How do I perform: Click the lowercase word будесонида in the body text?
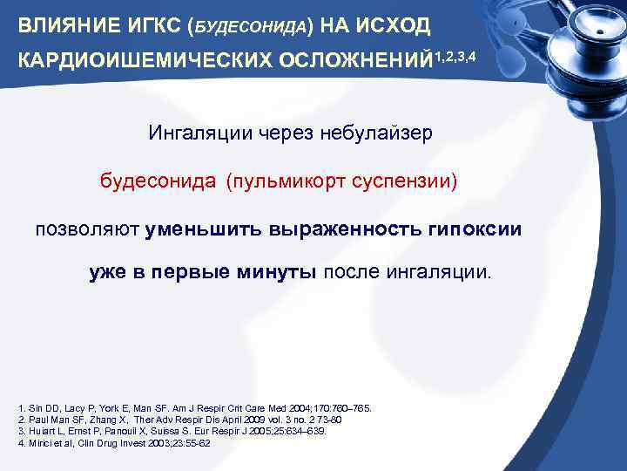click(x=158, y=182)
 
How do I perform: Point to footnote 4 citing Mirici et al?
click(x=114, y=442)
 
